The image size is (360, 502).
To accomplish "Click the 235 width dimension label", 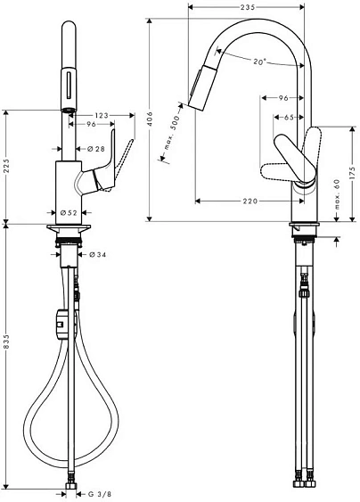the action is [x=248, y=7].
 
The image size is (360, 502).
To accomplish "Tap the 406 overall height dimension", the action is [x=150, y=119].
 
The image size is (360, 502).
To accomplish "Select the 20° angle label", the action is [x=259, y=62].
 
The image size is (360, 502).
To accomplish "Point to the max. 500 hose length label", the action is [x=172, y=131].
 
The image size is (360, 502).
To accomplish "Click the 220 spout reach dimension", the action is [x=250, y=201].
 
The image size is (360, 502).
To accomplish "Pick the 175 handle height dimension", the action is [x=352, y=173].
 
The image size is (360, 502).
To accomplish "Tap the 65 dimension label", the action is [x=289, y=118].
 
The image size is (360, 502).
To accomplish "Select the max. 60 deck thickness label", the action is [x=337, y=194].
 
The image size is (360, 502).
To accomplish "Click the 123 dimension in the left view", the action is [x=102, y=115].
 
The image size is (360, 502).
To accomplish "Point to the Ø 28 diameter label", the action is [x=96, y=149].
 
